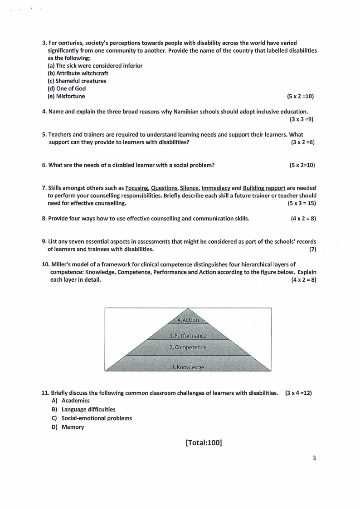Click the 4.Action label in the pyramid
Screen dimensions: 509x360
(x=188, y=320)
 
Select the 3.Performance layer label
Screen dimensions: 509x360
(x=188, y=336)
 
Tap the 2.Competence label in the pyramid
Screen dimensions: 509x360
(x=188, y=347)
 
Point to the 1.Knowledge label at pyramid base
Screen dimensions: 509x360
(x=188, y=367)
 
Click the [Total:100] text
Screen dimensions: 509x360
(x=204, y=443)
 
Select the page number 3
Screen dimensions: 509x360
(x=314, y=458)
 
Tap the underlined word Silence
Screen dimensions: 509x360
(x=189, y=188)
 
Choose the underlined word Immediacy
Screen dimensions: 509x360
(x=215, y=188)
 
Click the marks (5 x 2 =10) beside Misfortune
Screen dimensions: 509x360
(x=300, y=96)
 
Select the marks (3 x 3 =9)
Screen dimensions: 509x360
(x=302, y=119)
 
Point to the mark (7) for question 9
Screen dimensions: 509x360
(x=312, y=249)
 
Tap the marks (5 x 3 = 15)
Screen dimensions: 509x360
(x=302, y=203)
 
